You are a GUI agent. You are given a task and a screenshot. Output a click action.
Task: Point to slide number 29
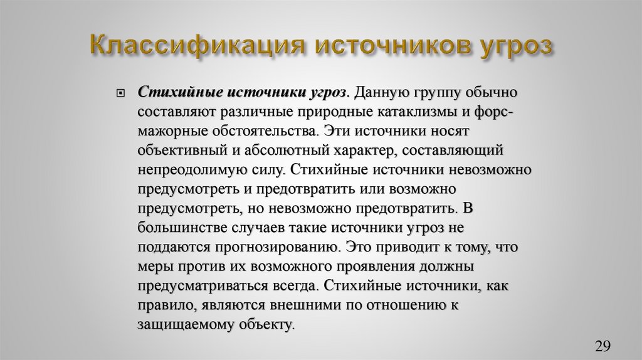pos(603,346)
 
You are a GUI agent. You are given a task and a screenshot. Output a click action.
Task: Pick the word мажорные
pos(169,132)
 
